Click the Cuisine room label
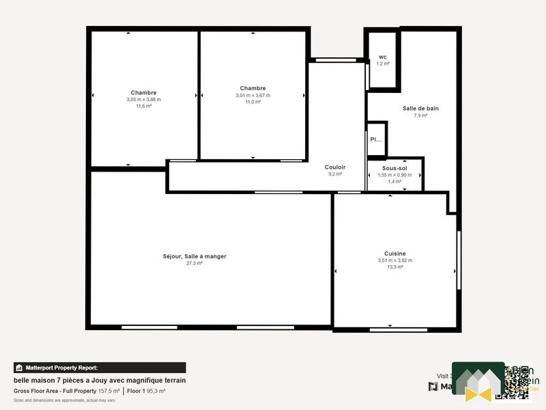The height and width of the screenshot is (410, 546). click(x=394, y=254)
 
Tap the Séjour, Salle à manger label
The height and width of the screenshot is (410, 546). click(x=195, y=256)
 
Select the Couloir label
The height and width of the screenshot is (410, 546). click(x=335, y=167)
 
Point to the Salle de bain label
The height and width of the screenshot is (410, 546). click(x=420, y=109)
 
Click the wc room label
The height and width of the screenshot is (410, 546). click(x=383, y=57)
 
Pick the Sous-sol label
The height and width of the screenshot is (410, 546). click(x=394, y=167)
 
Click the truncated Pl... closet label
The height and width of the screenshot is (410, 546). click(x=376, y=139)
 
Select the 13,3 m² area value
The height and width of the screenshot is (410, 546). click(x=394, y=267)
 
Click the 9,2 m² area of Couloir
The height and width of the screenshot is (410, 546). click(x=335, y=174)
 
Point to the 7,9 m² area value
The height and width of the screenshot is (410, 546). click(x=420, y=115)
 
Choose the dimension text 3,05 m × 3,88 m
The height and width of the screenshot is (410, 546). click(x=143, y=100)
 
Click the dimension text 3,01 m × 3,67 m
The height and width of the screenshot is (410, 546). click(x=253, y=95)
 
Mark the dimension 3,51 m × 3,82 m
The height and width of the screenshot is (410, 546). click(x=394, y=260)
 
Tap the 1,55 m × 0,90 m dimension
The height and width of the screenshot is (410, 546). click(x=394, y=175)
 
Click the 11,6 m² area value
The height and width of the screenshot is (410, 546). click(x=143, y=106)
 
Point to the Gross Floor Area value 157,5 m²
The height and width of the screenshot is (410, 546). click(x=109, y=391)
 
